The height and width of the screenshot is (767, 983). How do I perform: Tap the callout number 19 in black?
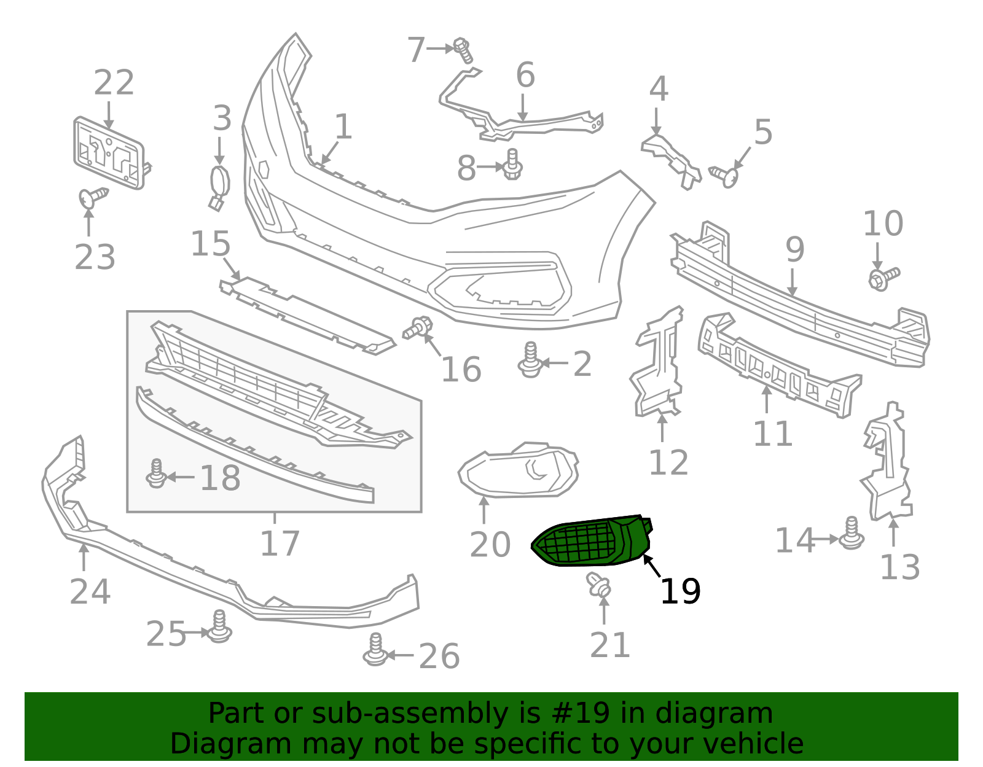coord(680,591)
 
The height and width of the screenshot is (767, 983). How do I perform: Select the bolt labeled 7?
coord(463,50)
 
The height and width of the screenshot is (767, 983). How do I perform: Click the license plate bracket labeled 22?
coord(109,152)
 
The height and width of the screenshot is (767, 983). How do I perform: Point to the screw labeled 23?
coord(92,198)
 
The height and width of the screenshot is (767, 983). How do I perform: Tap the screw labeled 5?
coord(724,176)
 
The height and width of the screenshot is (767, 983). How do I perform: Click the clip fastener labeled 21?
coord(598,585)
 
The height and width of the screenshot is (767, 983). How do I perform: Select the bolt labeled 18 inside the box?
coord(157,474)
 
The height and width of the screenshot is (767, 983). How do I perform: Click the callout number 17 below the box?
coord(280,543)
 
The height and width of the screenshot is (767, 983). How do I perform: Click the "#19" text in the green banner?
coord(581,714)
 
